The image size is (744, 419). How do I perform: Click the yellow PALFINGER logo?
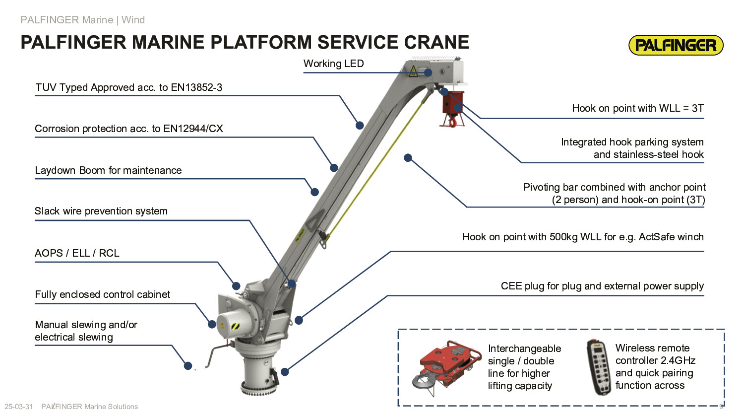pyautogui.click(x=676, y=45)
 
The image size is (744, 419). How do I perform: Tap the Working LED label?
pyautogui.click(x=333, y=64)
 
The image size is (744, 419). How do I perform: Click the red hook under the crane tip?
pyautogui.click(x=452, y=122)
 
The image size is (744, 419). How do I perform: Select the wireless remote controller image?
pyautogui.click(x=599, y=367)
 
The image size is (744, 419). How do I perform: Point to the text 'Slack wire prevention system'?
pyautogui.click(x=101, y=211)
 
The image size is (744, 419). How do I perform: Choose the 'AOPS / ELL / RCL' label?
pyautogui.click(x=77, y=253)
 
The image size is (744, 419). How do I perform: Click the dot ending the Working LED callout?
pyautogui.click(x=428, y=72)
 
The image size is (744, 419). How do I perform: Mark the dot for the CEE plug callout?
pyautogui.click(x=285, y=372)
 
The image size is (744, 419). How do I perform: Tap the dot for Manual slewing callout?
pyautogui.click(x=188, y=366)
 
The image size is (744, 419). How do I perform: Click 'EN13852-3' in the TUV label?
pyautogui.click(x=196, y=87)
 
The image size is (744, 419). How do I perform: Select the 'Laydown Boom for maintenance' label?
pyautogui.click(x=108, y=170)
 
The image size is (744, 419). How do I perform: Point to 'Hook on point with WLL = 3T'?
pyautogui.click(x=637, y=108)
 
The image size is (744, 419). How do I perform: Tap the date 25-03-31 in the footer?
pyautogui.click(x=19, y=407)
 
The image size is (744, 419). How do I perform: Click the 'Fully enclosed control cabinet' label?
pyautogui.click(x=103, y=294)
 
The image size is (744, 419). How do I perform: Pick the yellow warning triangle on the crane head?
pyautogui.click(x=413, y=71)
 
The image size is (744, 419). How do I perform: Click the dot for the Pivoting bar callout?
pyautogui.click(x=408, y=158)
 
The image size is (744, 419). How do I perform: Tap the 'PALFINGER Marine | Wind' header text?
pyautogui.click(x=83, y=20)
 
